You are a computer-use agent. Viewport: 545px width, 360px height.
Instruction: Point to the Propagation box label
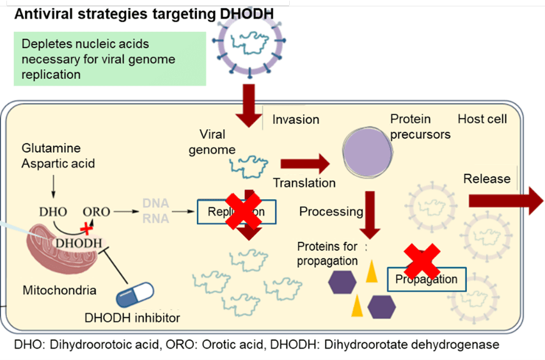(427, 279)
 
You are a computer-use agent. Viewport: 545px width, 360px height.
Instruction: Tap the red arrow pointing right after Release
(505, 200)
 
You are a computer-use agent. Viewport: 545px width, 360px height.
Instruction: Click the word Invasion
(296, 120)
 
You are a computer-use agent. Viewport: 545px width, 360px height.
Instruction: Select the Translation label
(304, 183)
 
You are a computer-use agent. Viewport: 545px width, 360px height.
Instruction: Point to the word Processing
(331, 212)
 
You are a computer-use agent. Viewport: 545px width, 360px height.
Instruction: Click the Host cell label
(482, 119)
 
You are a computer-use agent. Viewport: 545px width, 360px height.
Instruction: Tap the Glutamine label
(51, 148)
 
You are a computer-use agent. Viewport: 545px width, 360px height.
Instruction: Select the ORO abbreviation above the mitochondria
(97, 211)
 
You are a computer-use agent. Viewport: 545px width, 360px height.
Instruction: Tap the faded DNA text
(156, 203)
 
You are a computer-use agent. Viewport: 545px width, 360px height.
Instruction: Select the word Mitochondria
(59, 290)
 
